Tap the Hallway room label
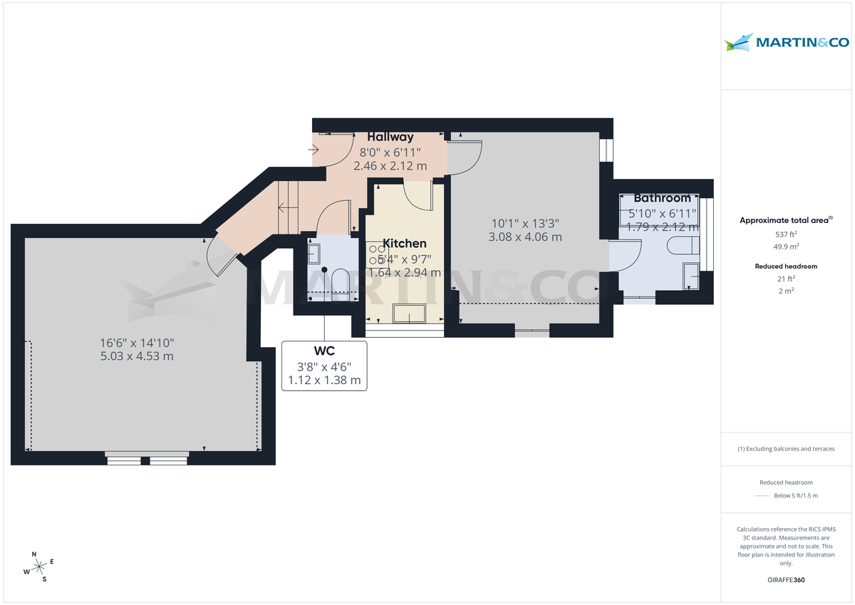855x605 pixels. (390, 137)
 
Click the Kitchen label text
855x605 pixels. (404, 244)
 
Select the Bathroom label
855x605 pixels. (662, 198)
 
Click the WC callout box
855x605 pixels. (324, 366)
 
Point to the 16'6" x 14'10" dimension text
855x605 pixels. (137, 343)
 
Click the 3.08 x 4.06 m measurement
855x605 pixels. (525, 237)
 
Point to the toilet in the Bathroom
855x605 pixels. (683, 247)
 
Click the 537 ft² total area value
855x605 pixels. (786, 234)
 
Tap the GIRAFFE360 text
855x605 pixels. (786, 580)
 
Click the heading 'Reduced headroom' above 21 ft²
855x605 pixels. (786, 266)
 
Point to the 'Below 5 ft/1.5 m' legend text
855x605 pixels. (796, 495)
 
